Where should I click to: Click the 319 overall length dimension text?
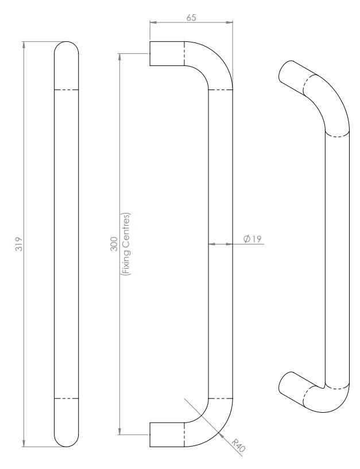point(18,244)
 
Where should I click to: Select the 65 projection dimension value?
point(192,17)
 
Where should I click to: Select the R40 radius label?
point(239,445)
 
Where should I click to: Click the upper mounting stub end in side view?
point(151,53)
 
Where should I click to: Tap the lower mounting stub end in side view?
point(151,435)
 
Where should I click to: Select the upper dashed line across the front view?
point(67,90)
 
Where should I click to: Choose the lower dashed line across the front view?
point(67,398)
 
